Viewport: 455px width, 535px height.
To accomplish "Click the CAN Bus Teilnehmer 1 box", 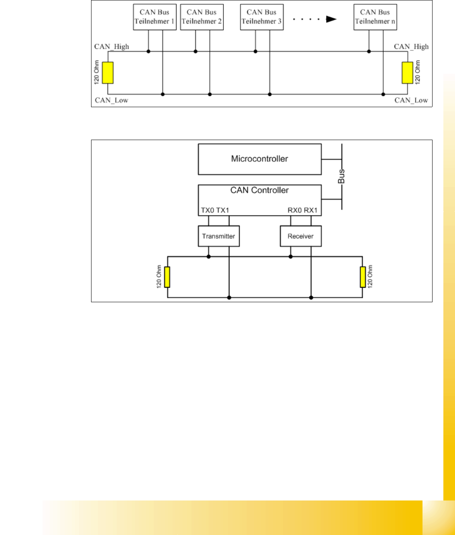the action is point(154,17).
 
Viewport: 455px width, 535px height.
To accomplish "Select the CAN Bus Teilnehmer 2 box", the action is point(201,17).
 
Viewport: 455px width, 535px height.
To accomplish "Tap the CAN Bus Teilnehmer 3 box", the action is point(262,17).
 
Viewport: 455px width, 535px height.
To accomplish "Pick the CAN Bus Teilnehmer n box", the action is point(375,17).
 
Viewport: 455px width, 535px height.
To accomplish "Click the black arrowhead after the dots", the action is point(331,19).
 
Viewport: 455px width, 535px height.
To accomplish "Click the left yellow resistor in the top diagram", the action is point(108,73).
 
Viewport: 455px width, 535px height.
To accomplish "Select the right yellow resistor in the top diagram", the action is point(408,73).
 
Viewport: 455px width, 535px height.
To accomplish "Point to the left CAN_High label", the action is point(112,47).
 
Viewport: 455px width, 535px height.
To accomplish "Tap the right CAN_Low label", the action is point(411,100).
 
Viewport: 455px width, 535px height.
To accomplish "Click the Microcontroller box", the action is point(260,159).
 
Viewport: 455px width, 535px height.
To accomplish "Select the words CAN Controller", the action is point(260,190).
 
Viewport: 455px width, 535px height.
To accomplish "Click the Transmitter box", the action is point(219,236).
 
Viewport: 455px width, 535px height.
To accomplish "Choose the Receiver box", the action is point(301,236).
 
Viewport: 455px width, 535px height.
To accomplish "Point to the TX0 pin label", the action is point(207,210).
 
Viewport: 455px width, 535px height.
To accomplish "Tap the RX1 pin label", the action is point(311,210).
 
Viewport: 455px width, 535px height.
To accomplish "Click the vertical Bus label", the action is point(341,177).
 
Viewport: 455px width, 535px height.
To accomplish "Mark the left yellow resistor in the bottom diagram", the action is point(167,277).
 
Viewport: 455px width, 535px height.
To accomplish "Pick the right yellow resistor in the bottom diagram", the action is point(362,277).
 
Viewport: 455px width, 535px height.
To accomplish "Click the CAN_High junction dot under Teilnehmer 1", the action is point(148,51).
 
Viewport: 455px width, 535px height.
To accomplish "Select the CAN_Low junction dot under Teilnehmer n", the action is point(383,94).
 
